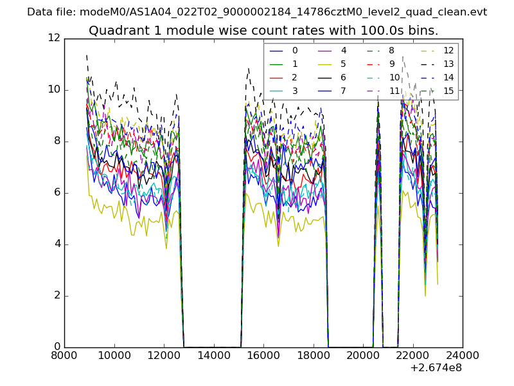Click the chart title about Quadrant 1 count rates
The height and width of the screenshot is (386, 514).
[263, 30]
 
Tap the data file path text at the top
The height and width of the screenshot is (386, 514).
[257, 12]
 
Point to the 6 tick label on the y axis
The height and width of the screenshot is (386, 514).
[57, 192]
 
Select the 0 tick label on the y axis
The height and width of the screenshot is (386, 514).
[57, 347]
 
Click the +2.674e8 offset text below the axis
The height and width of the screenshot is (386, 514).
[435, 369]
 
